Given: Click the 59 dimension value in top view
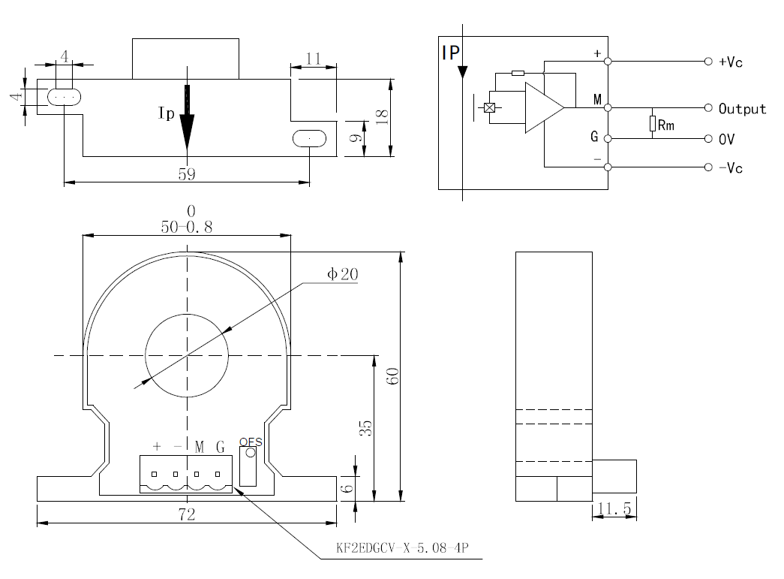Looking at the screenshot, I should tap(186, 173).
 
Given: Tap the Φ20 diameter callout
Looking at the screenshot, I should tap(342, 275).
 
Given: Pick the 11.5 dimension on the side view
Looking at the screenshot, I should tap(614, 510).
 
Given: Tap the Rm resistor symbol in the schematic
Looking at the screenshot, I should tap(653, 124).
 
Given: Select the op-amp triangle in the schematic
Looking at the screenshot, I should tap(542, 107).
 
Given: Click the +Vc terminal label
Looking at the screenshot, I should tap(730, 62).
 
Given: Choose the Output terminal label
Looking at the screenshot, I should tap(742, 109).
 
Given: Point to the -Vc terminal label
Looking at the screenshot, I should tap(730, 168).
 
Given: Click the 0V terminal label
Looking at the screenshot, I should tap(726, 140).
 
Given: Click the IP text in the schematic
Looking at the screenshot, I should tap(451, 52).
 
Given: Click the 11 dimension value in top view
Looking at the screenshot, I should tap(314, 59).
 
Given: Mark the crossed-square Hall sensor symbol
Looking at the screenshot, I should tap(490, 107).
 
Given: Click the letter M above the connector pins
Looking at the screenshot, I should tap(200, 447).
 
